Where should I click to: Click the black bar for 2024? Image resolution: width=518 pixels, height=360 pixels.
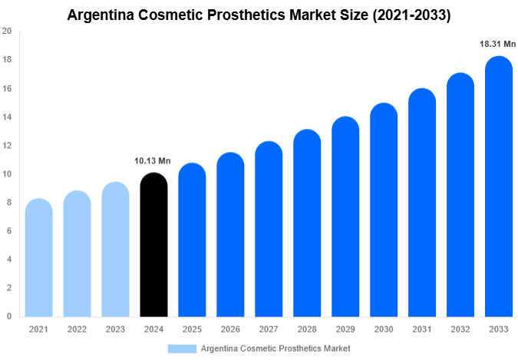[153, 246]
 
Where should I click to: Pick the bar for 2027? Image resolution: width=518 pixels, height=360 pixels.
[269, 230]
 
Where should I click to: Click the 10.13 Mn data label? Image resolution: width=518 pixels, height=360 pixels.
[153, 161]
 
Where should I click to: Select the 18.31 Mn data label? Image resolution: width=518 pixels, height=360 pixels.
[498, 45]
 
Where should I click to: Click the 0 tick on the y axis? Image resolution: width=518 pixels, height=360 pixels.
[8, 316]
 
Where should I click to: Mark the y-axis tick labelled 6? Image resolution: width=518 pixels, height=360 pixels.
[8, 231]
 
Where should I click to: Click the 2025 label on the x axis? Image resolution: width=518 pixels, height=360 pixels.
[192, 329]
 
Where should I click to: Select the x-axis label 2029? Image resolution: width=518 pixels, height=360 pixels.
[345, 329]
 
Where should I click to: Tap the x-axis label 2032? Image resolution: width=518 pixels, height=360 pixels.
[460, 329]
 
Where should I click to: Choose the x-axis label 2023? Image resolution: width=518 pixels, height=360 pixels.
[115, 329]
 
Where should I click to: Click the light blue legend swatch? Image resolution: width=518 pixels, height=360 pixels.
[182, 348]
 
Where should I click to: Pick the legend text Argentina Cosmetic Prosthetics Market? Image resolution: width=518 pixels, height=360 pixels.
[275, 348]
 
